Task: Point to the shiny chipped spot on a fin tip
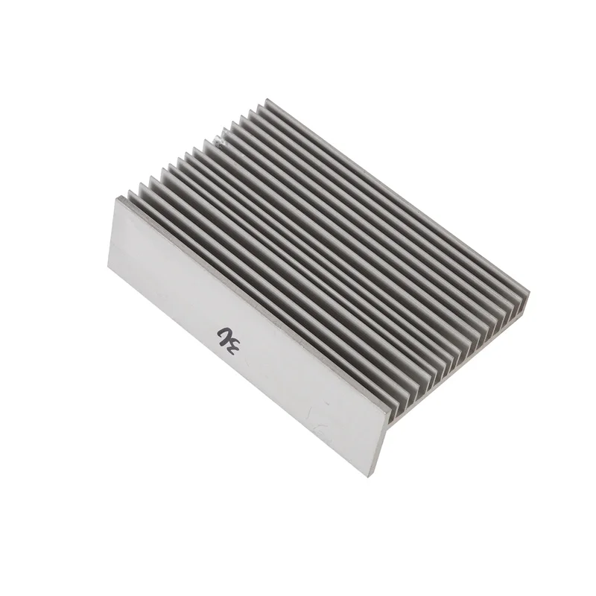[218, 137]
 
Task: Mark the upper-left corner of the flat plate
[118, 197]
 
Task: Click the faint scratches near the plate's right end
[328, 425]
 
